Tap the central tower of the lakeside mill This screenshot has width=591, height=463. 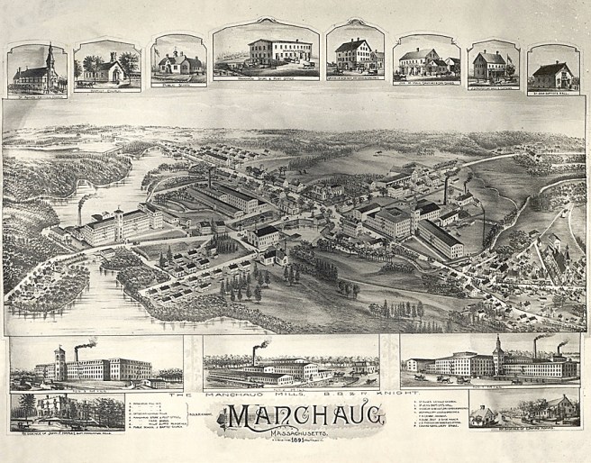pos(117,221)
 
